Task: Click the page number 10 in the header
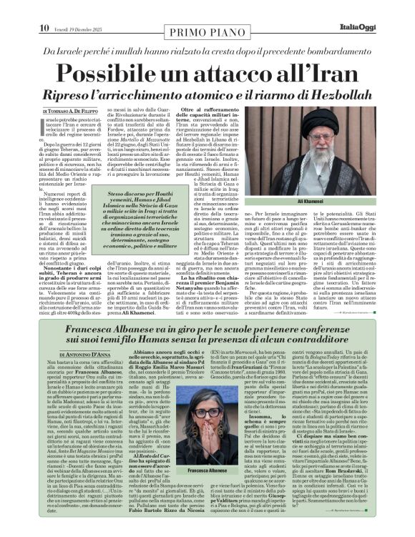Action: click(x=44, y=8)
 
